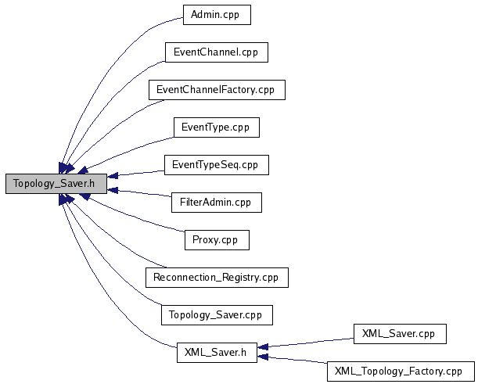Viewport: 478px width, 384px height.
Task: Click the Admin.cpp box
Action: pyautogui.click(x=217, y=15)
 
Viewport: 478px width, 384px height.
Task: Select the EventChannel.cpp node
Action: pyautogui.click(x=217, y=52)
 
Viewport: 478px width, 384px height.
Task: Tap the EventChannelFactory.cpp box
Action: pyautogui.click(x=217, y=90)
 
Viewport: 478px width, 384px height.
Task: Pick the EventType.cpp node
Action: pyautogui.click(x=217, y=127)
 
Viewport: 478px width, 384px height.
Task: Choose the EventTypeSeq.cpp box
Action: pyautogui.click(x=217, y=165)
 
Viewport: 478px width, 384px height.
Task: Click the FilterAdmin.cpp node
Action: pyautogui.click(x=217, y=203)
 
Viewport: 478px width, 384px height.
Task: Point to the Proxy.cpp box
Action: pyautogui.click(x=217, y=240)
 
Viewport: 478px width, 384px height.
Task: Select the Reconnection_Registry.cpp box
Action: pyautogui.click(x=217, y=278)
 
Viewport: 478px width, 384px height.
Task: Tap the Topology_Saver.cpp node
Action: pyautogui.click(x=217, y=315)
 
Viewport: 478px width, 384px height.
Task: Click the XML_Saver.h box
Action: pyautogui.click(x=217, y=353)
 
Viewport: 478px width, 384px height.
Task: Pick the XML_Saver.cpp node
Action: pyautogui.click(x=400, y=334)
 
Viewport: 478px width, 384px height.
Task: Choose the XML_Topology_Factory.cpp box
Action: pyautogui.click(x=401, y=371)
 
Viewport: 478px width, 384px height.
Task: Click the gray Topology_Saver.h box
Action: pyautogui.click(x=56, y=184)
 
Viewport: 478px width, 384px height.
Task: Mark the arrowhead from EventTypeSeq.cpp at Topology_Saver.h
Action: pyautogui.click(x=113, y=176)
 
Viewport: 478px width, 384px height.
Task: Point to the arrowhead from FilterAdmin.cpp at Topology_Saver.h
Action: pyautogui.click(x=113, y=190)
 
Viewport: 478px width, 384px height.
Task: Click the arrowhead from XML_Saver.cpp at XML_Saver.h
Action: pyautogui.click(x=263, y=346)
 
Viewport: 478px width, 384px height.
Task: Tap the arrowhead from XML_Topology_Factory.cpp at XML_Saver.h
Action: pyautogui.click(x=263, y=357)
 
